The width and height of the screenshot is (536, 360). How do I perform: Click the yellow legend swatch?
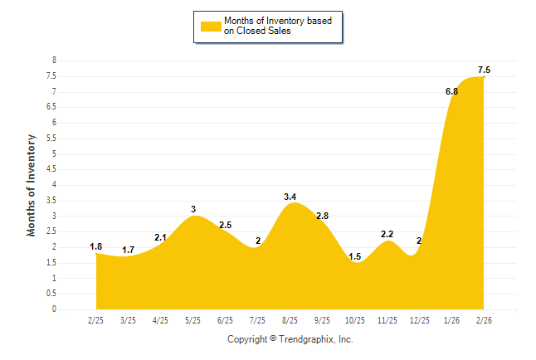coord(210,26)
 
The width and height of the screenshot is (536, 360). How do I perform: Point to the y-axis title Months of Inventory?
coord(32,184)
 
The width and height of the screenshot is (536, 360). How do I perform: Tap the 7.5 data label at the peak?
coord(485,69)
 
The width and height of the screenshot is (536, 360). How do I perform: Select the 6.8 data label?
coord(452,91)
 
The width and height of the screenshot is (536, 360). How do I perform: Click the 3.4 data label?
coord(290,197)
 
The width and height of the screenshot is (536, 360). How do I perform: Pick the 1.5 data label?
coord(354,257)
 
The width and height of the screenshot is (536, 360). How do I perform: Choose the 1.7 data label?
coord(128,250)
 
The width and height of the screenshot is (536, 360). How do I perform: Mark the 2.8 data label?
coord(322,216)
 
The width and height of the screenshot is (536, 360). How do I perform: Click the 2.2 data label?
coord(387,235)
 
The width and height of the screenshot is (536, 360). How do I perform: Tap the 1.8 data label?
coord(96,246)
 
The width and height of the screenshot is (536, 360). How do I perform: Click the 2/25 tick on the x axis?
coord(95,319)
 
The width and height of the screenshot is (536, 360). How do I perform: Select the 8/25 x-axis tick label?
coord(290,319)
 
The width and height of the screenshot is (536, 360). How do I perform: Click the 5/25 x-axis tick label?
coord(192,319)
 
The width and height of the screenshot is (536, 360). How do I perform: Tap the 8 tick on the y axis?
coord(54,61)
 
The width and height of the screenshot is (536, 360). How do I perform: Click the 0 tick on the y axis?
coord(54,309)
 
